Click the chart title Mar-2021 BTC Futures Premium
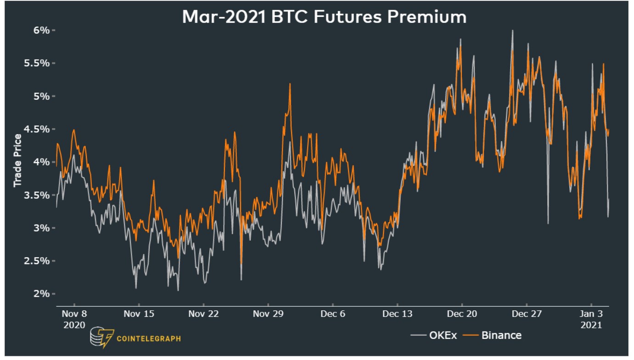click(x=324, y=17)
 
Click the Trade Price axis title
click(x=17, y=161)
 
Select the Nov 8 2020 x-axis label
click(x=73, y=319)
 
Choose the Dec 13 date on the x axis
click(x=397, y=314)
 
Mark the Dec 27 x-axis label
click(x=527, y=314)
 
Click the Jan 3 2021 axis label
click(x=591, y=319)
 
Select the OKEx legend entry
click(x=434, y=335)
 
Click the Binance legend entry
click(x=495, y=335)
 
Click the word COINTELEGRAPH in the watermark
click(x=149, y=339)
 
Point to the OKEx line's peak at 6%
click(x=512, y=30)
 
